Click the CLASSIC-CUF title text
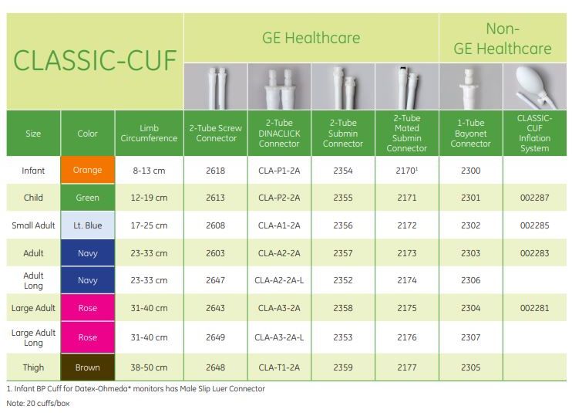point(95,61)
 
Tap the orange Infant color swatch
point(88,170)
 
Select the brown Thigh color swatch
point(88,367)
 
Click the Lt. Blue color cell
point(88,225)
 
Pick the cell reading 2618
point(215,171)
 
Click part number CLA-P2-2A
point(279,198)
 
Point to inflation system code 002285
point(534,225)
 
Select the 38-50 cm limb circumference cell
point(149,367)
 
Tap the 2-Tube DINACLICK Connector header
point(279,134)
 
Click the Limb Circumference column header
point(149,134)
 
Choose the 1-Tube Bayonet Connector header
point(470,134)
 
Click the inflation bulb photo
point(535,86)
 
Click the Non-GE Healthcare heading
point(503,39)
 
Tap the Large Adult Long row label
point(33,338)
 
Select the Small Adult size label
point(33,225)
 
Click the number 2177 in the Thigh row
point(407,367)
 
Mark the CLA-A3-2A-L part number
point(279,337)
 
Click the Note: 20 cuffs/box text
point(38,404)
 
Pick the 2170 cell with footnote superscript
point(407,171)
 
